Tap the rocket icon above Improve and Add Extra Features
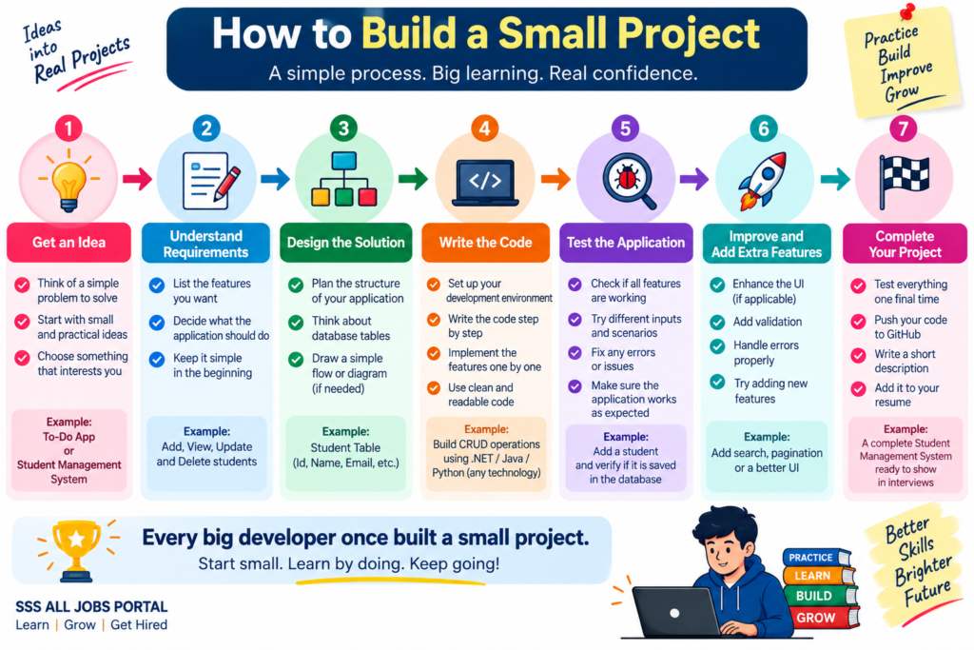pyautogui.click(x=762, y=180)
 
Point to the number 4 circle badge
pyautogui.click(x=484, y=128)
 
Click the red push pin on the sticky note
pyautogui.click(x=906, y=11)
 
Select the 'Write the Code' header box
pyautogui.click(x=485, y=243)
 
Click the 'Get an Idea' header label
pyautogui.click(x=68, y=243)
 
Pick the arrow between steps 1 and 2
pyautogui.click(x=137, y=179)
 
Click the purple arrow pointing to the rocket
pyautogui.click(x=693, y=179)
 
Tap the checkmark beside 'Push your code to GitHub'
pyautogui.click(x=859, y=322)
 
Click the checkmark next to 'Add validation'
pyautogui.click(x=717, y=322)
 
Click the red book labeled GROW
pyautogui.click(x=823, y=618)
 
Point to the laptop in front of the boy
pyautogui.click(x=676, y=612)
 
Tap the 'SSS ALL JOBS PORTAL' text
pyautogui.click(x=91, y=606)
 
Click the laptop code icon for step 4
pyautogui.click(x=485, y=183)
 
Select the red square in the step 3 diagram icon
pyautogui.click(x=368, y=197)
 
